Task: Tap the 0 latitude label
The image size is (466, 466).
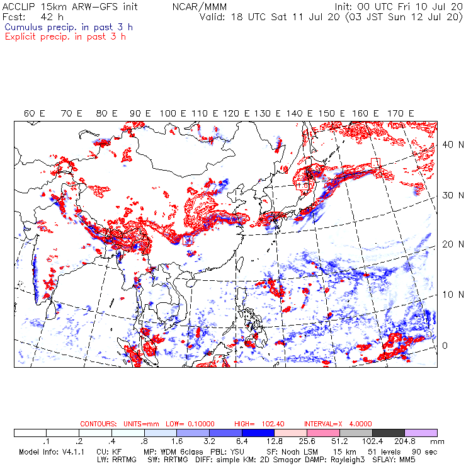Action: point(444,346)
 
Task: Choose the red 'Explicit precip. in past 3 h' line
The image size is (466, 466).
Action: point(65,36)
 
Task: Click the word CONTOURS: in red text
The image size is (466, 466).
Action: point(98,424)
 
